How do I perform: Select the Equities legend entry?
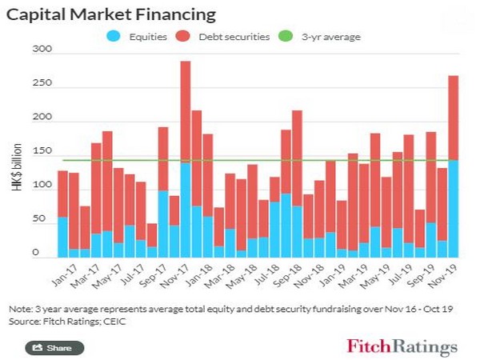(143, 35)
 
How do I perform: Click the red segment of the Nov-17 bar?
(185, 112)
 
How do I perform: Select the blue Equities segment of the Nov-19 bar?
(452, 208)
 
